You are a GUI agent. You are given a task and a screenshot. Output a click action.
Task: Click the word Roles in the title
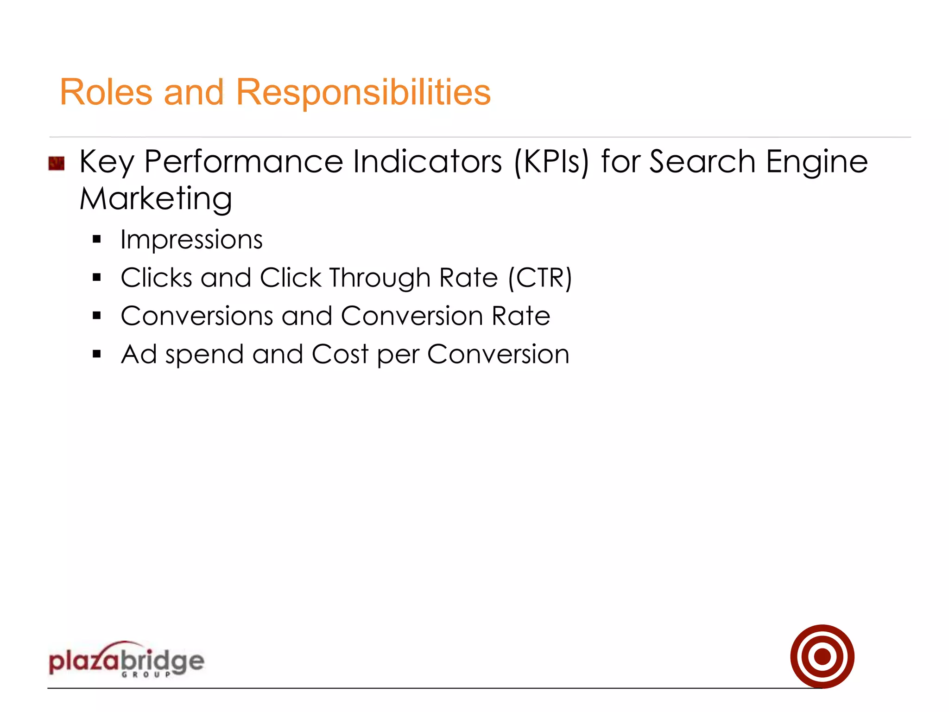(x=106, y=92)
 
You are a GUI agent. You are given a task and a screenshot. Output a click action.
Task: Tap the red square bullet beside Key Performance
(x=57, y=164)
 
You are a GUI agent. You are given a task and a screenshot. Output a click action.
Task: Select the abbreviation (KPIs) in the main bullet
(x=551, y=162)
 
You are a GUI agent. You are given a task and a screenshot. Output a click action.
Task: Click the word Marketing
(x=156, y=199)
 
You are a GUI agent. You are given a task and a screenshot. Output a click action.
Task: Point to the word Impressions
(x=191, y=240)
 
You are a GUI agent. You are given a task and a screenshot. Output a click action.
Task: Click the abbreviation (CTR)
(x=540, y=278)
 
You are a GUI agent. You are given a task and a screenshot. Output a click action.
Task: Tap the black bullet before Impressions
(x=96, y=240)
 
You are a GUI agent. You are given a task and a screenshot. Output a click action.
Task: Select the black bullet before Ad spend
(x=96, y=355)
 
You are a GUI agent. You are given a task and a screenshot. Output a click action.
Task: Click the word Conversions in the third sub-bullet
(x=197, y=316)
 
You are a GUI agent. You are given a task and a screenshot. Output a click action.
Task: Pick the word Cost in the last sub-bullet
(x=340, y=355)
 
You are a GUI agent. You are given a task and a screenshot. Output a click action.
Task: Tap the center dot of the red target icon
(x=822, y=656)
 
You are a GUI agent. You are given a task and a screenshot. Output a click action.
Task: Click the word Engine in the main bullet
(x=816, y=162)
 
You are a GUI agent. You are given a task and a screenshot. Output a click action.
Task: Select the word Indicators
(x=427, y=162)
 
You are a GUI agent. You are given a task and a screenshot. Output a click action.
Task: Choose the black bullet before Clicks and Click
(x=96, y=278)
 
